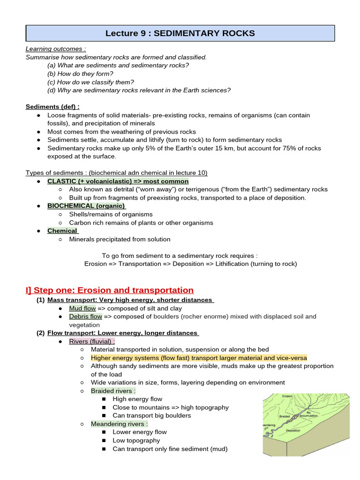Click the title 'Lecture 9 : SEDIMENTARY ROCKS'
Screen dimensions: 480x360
click(x=180, y=33)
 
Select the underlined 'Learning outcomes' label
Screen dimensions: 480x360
click(x=55, y=49)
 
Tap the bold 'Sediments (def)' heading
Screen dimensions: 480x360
click(x=52, y=107)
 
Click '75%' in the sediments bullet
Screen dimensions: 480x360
click(x=292, y=148)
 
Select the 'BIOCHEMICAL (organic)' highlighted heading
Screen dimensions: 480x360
click(x=86, y=206)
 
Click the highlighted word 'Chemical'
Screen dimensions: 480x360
click(x=62, y=231)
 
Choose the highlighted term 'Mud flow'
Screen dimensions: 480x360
click(x=82, y=308)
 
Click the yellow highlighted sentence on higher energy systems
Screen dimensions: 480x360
click(x=199, y=358)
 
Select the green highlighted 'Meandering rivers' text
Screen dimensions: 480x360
click(x=119, y=424)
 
